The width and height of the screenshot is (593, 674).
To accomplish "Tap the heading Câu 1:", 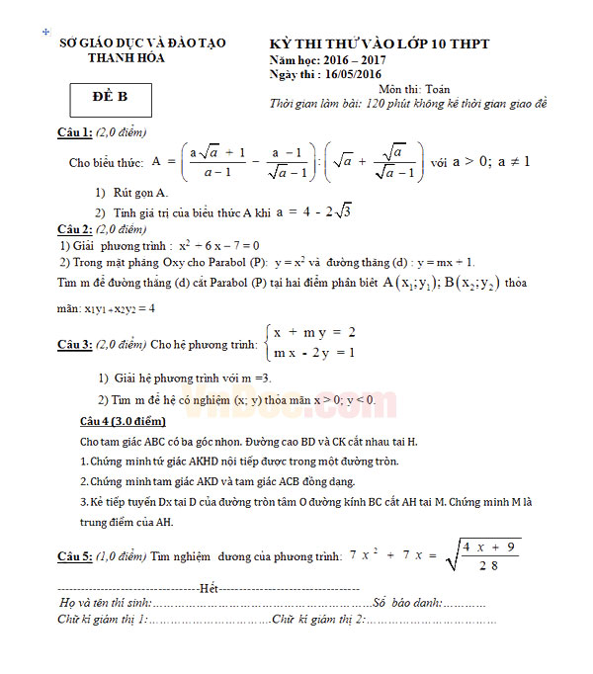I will point(74,132).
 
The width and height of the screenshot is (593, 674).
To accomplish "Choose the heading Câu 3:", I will point(74,345).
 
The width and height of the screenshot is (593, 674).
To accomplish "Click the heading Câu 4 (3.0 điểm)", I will point(129,421).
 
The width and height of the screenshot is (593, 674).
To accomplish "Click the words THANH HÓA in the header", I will point(127,58).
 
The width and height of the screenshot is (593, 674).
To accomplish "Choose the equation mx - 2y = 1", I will point(314,353).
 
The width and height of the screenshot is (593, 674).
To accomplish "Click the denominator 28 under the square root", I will point(486,565).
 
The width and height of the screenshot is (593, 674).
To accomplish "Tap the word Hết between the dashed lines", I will point(209,588).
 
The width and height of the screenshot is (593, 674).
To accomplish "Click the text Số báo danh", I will point(405,602).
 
